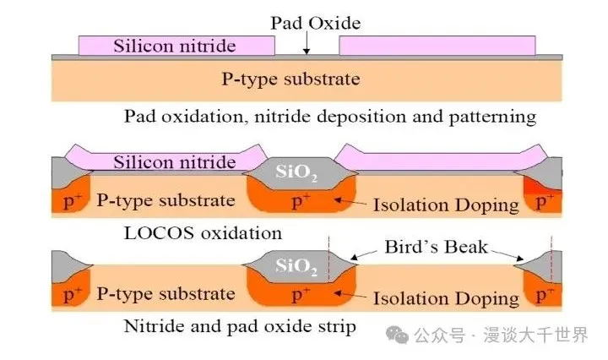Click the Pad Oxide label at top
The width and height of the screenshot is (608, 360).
(315, 24)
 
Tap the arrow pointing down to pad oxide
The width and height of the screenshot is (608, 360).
(307, 42)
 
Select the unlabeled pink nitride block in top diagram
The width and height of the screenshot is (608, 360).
(437, 46)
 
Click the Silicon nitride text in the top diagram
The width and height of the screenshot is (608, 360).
(175, 46)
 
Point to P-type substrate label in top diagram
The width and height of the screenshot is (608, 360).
(290, 79)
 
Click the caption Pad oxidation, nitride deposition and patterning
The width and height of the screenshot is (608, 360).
(330, 117)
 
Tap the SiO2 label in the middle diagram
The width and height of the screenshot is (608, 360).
(296, 172)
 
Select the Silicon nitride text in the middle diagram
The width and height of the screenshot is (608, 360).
(175, 162)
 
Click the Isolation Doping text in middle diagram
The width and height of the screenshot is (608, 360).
(446, 205)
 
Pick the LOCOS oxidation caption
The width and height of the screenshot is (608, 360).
(203, 233)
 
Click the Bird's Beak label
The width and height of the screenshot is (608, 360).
(437, 247)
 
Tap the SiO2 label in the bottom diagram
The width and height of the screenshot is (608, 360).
(296, 266)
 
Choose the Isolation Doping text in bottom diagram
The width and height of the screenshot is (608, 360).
(446, 298)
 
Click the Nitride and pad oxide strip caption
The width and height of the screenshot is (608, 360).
(240, 326)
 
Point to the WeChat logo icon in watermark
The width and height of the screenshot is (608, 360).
(397, 335)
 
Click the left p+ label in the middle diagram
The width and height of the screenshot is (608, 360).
(73, 201)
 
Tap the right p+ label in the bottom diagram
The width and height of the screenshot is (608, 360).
(546, 296)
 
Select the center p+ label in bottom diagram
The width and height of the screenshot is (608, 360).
(301, 295)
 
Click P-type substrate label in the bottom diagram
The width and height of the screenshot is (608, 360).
(166, 294)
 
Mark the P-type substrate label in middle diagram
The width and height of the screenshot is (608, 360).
(166, 201)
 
